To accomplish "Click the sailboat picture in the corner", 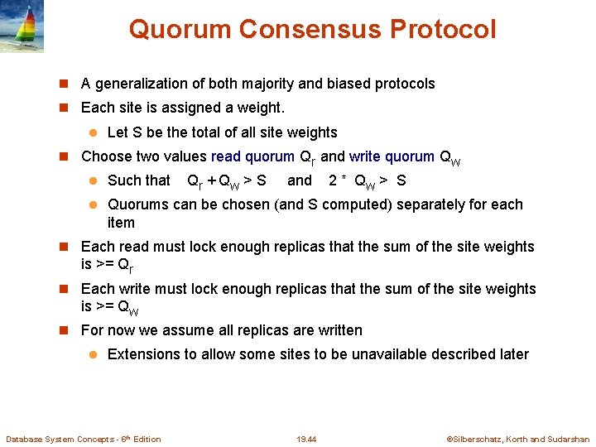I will [x=22, y=26].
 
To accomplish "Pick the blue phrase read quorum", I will [x=252, y=156].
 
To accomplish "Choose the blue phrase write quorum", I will [x=392, y=156].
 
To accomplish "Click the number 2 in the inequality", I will [x=333, y=180].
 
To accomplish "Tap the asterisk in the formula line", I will [x=344, y=180].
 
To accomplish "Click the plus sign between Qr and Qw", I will [x=213, y=181].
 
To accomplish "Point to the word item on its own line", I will [x=121, y=223].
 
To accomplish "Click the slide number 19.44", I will [x=306, y=439].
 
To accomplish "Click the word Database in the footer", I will [x=26, y=439].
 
